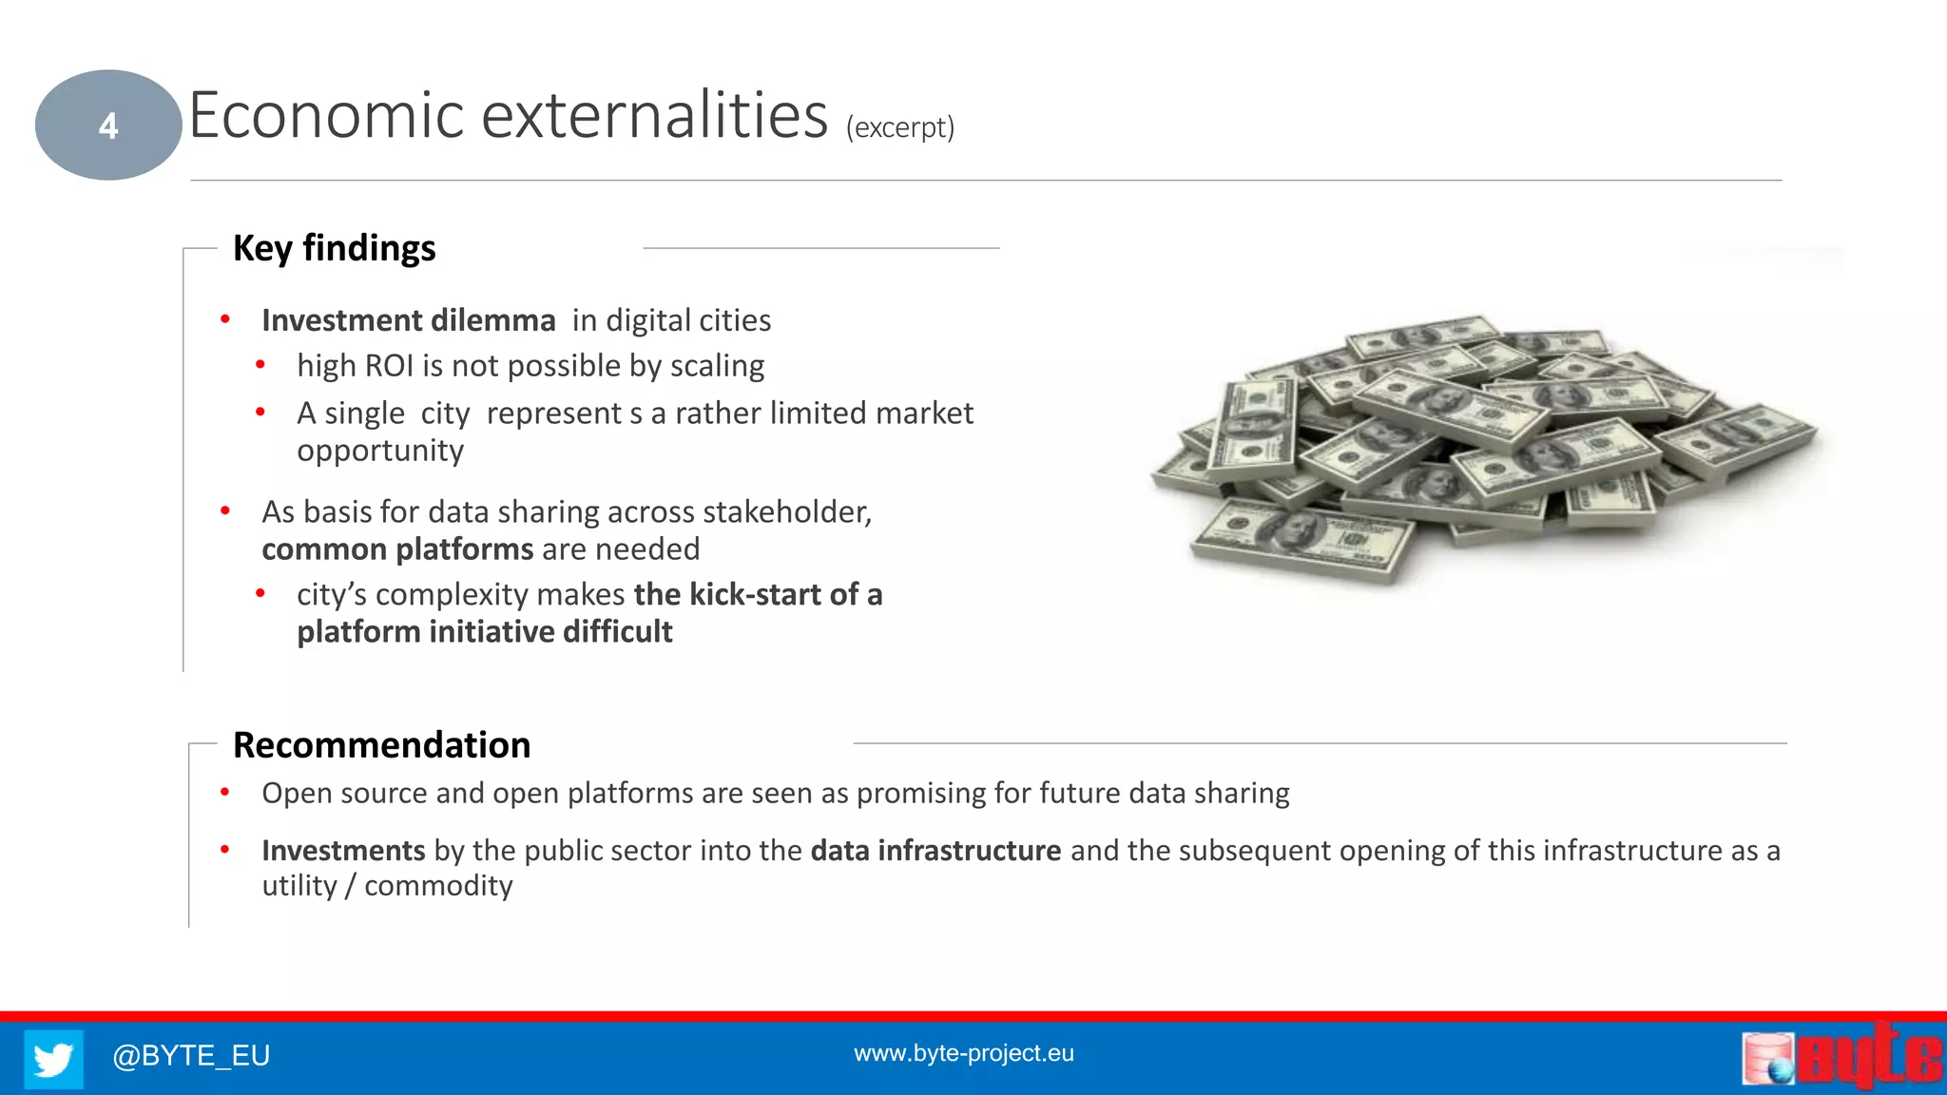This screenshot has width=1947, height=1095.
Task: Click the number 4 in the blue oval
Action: (x=108, y=125)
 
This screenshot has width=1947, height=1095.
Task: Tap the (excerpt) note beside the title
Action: (x=899, y=127)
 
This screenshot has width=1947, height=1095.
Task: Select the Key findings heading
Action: (x=334, y=248)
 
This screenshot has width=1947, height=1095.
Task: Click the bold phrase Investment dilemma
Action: (x=408, y=320)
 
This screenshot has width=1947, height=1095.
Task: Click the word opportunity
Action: (x=380, y=451)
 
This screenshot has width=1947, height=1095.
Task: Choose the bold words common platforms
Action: (x=397, y=549)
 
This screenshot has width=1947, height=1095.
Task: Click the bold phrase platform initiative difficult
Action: (x=484, y=632)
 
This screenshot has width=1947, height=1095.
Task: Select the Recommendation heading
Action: (x=381, y=745)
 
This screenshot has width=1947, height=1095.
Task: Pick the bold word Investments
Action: (x=343, y=850)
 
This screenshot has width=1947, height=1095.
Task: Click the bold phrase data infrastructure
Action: (x=935, y=850)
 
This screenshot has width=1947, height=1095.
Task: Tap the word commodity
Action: (x=438, y=886)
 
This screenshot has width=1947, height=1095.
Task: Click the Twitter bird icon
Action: (x=53, y=1058)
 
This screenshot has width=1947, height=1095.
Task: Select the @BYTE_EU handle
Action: (x=191, y=1055)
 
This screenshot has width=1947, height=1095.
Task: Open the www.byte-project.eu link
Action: (x=963, y=1053)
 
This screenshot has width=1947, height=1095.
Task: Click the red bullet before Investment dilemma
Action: (x=225, y=319)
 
